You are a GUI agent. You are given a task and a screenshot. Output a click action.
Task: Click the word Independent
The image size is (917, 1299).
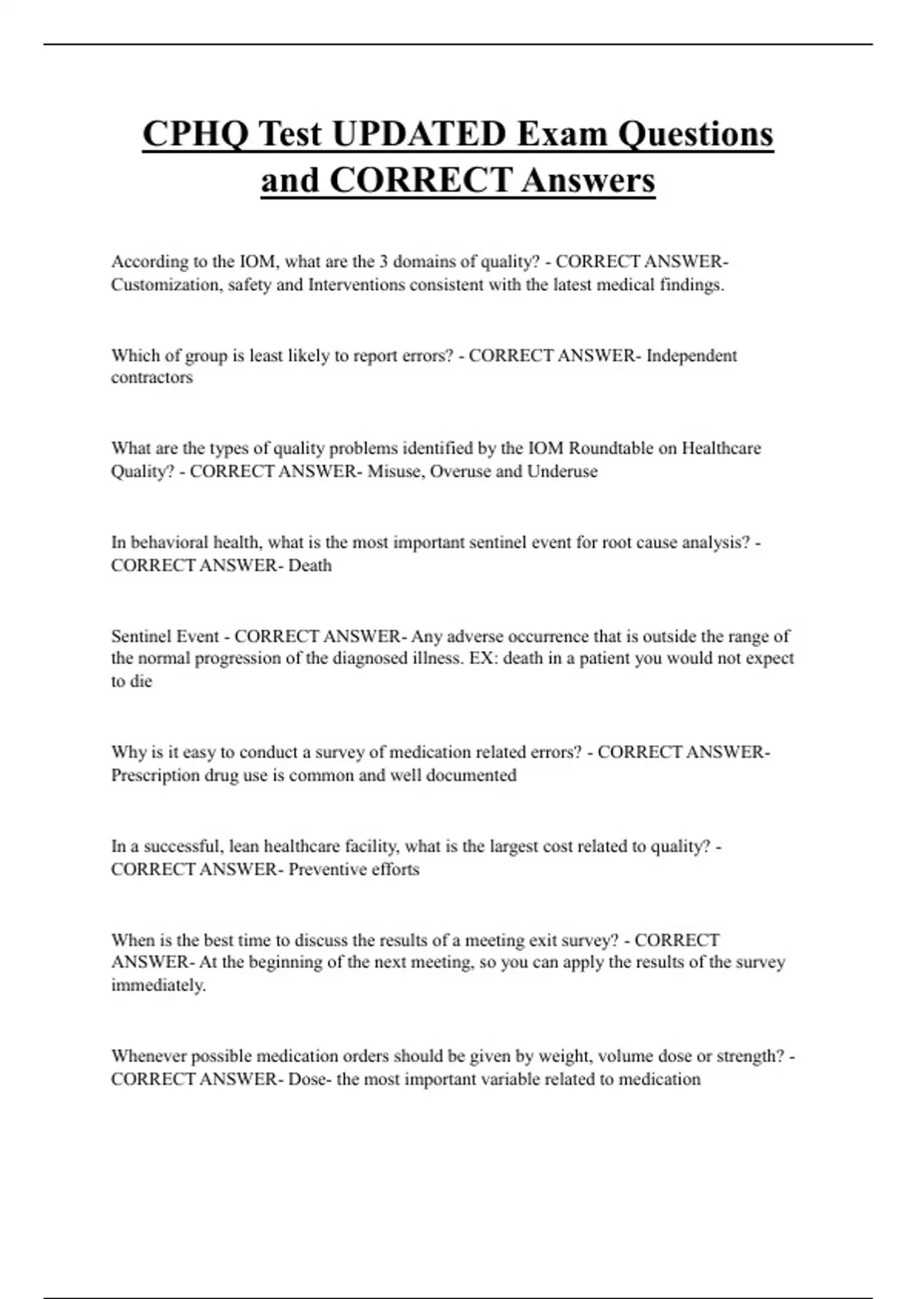pyautogui.click(x=692, y=355)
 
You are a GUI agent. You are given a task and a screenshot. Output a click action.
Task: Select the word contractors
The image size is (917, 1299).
pyautogui.click(x=151, y=377)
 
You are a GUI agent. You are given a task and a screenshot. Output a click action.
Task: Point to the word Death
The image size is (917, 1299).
pyautogui.click(x=309, y=565)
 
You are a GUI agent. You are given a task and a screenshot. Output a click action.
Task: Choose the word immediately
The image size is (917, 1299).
pyautogui.click(x=158, y=986)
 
